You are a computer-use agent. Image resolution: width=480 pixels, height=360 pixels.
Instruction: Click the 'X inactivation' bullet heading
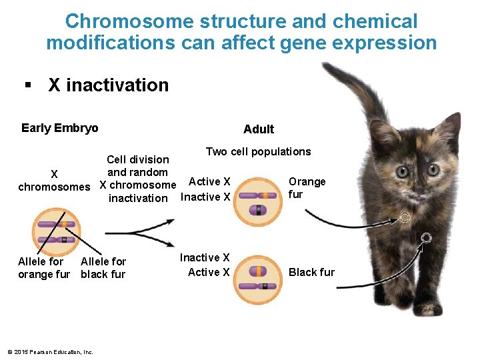108,85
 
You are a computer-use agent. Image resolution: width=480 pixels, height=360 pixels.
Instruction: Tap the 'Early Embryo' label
59,128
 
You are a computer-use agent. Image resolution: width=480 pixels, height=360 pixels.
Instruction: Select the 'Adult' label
259,129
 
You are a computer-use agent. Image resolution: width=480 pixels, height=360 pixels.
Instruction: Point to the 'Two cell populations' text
258,151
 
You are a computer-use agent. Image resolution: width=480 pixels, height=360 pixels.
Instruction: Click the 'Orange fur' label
307,187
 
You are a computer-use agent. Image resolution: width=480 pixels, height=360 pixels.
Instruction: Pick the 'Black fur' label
311,272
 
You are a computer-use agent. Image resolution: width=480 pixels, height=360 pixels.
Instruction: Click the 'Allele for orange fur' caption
43,268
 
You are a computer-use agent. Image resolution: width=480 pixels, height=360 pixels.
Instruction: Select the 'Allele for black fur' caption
103,268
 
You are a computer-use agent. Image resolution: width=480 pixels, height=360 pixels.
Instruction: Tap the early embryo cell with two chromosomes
56,233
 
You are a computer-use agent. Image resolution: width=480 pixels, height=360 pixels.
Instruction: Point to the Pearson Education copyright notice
50,352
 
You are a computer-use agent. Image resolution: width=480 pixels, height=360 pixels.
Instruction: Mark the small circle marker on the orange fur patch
404,217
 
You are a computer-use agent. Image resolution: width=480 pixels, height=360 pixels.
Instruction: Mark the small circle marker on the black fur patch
427,237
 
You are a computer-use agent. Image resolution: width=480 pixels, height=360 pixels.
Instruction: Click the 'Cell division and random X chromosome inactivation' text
138,179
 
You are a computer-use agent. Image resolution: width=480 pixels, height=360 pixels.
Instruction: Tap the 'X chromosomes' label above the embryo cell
54,181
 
